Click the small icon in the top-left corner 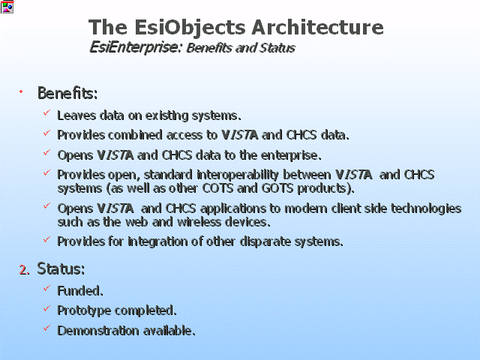(7, 7)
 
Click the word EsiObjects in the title (190, 28)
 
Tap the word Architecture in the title (317, 27)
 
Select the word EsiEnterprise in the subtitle (133, 48)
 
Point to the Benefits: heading (67, 93)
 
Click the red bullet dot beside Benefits (21, 91)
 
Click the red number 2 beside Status (22, 270)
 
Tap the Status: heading (61, 268)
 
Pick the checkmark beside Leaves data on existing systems (46, 113)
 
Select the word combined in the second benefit (135, 135)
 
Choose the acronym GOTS (277, 188)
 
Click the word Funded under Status (80, 291)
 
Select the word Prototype (84, 311)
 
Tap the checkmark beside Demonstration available (46, 328)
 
